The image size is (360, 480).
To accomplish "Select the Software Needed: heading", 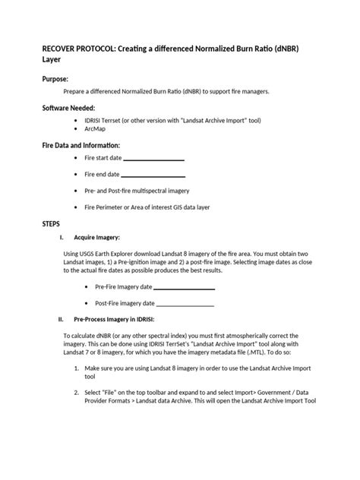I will (68, 109).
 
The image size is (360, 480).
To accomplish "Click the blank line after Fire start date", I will (153, 159).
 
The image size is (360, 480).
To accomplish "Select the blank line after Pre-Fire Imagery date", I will (184, 288).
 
